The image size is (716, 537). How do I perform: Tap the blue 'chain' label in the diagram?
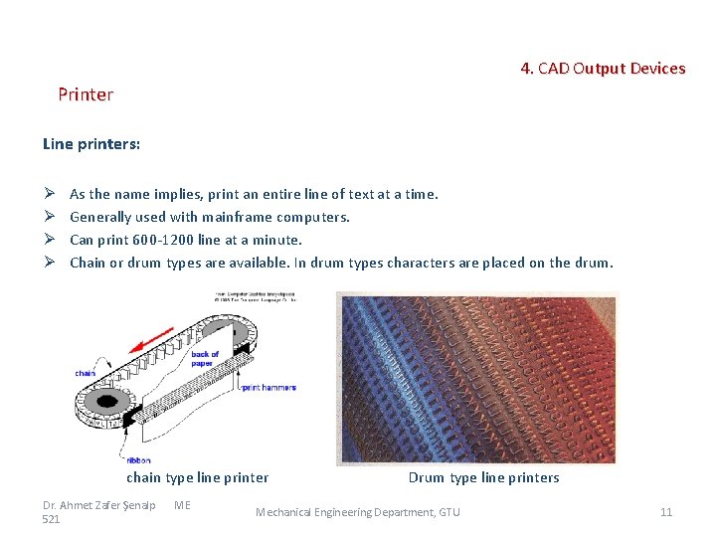point(86,373)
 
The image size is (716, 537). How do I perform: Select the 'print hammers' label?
point(271,388)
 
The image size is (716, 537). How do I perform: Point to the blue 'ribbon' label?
point(138,460)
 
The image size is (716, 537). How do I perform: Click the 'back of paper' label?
point(205,358)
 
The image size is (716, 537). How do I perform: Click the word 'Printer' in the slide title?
point(86,94)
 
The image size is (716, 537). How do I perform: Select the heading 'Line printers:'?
point(91,144)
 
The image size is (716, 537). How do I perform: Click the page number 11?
point(666,512)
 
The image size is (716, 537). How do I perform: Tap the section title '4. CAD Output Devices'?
point(603,69)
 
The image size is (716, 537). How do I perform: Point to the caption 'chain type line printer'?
point(198,477)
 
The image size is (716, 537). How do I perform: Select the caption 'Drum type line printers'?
point(483,477)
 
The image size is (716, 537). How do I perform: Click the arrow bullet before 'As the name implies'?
point(49,194)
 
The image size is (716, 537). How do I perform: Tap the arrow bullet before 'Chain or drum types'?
point(49,263)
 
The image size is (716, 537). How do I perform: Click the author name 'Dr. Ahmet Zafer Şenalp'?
point(99,505)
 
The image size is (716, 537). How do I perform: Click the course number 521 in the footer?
point(52,519)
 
